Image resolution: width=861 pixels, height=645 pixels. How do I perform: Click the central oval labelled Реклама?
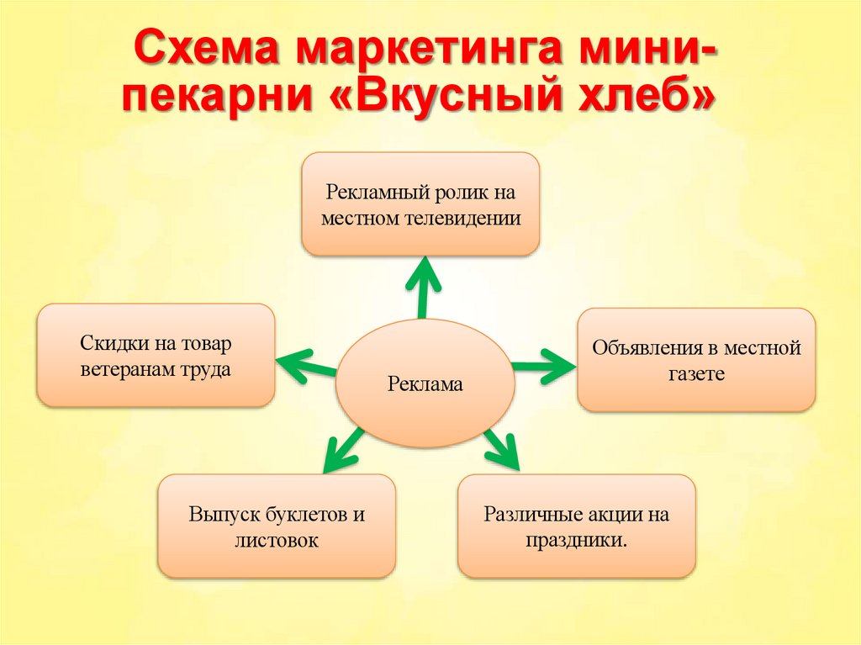425,384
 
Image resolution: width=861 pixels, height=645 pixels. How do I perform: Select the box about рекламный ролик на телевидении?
420,204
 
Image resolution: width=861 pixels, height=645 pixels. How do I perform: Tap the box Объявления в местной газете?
696,359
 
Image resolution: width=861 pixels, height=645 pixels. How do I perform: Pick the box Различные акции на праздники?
577,526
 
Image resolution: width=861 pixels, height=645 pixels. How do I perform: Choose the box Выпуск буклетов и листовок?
277,526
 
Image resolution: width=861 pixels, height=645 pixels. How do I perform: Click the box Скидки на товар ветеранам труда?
156,355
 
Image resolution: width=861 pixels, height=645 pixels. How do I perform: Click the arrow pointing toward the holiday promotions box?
502,449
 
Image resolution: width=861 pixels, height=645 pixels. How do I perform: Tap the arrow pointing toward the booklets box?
344,452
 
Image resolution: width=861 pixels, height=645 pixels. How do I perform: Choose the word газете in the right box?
696,373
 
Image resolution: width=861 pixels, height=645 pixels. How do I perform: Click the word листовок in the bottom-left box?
277,540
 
